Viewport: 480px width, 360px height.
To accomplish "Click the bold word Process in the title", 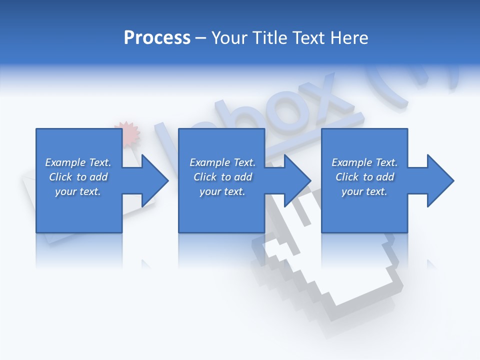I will [157, 37].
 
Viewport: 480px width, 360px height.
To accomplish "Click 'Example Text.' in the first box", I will [78, 162].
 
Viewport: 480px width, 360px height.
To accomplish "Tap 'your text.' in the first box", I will [78, 191].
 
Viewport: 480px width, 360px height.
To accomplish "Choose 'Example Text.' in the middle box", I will [222, 162].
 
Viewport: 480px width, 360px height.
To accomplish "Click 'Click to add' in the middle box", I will [222, 177].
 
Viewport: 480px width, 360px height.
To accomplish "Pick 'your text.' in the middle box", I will [222, 191].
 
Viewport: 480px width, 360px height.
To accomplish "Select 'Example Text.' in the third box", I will [364, 162].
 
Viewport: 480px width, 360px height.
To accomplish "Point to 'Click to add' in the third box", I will [364, 177].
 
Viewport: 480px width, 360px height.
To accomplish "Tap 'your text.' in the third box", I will [364, 191].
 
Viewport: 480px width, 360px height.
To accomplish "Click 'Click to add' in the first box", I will [78, 177].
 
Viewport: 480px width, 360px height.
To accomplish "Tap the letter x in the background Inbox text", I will [327, 97].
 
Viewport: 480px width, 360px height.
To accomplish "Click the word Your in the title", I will [231, 37].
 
